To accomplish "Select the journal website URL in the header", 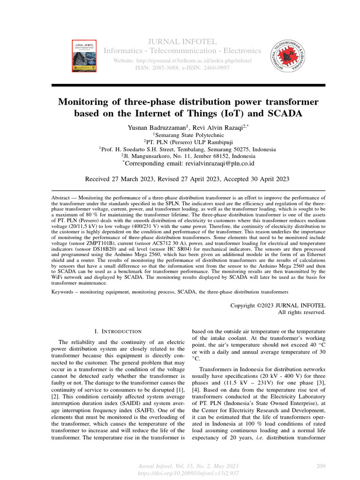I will point(181,61).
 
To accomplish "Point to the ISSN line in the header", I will point(181,68).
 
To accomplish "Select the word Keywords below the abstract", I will point(64,292).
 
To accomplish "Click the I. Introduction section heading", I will point(118,331).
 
